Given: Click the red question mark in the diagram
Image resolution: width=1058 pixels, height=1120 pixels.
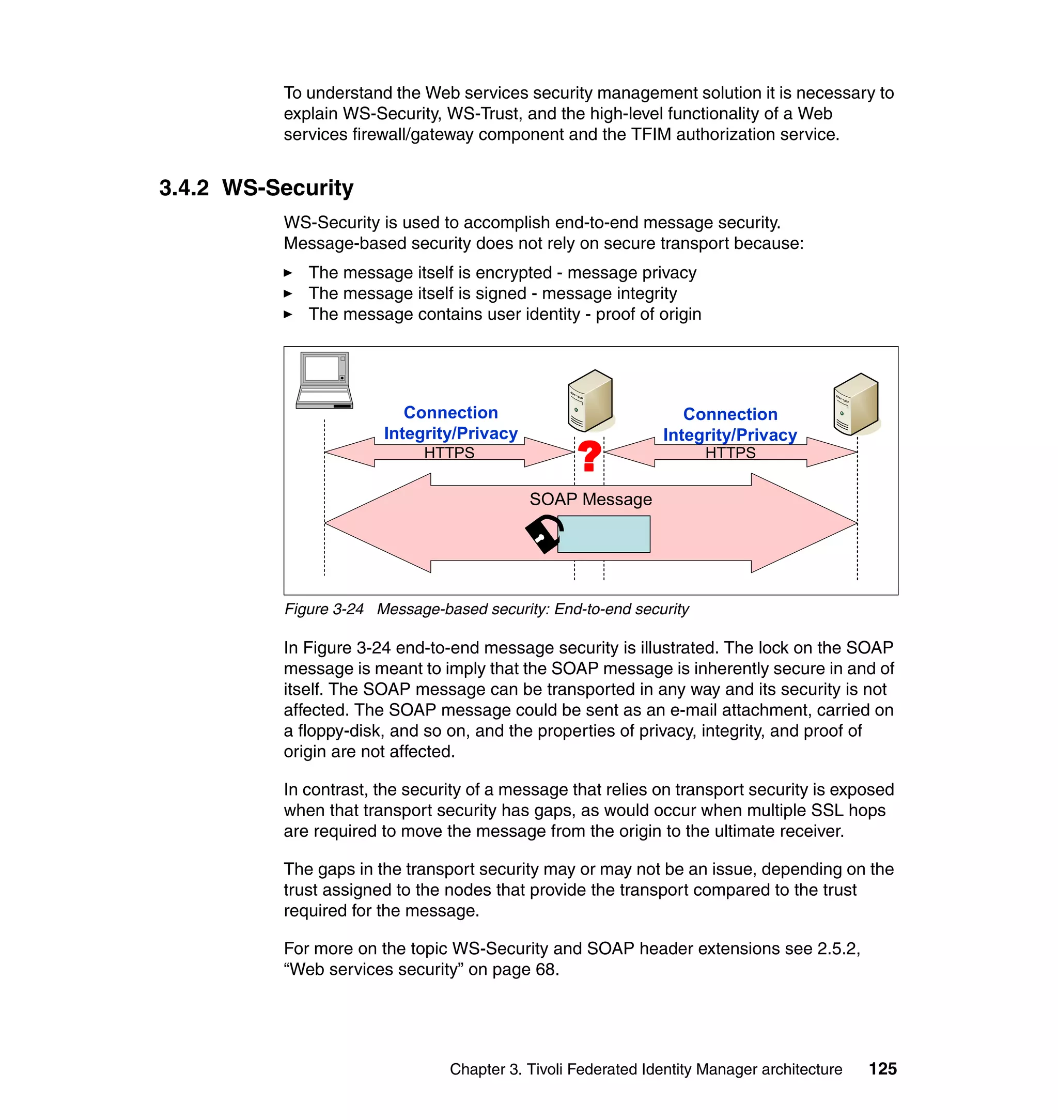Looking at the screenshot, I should point(589,456).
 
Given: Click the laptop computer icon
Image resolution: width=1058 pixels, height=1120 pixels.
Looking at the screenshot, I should point(324,381).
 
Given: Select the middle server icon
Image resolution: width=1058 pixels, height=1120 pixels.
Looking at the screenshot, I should point(590,400).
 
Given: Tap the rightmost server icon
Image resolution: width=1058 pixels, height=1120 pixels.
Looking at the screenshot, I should point(855,404).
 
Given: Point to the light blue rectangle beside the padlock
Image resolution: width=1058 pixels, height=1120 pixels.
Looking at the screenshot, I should point(604,534).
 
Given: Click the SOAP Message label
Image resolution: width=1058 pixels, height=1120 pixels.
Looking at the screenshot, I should point(590,499).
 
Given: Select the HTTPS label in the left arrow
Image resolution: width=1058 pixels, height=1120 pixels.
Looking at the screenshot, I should point(449,453).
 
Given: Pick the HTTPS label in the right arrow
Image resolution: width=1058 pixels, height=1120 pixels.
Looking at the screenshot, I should point(730,453).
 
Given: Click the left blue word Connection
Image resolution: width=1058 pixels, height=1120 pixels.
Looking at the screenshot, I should point(450,412).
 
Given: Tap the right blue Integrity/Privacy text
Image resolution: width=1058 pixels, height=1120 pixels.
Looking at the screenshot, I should point(730,435).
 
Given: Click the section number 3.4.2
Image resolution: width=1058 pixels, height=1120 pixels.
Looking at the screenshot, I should point(184,188).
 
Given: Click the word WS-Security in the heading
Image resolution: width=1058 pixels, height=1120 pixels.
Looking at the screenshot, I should point(288,188).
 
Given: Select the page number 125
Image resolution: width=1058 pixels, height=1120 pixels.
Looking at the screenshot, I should point(882,1069).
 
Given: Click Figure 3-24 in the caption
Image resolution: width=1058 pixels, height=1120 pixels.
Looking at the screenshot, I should point(324,609).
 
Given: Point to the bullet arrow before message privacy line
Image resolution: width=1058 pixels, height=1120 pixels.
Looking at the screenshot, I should point(288,273).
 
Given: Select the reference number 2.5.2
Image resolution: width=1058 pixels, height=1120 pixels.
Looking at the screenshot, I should point(837,948).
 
